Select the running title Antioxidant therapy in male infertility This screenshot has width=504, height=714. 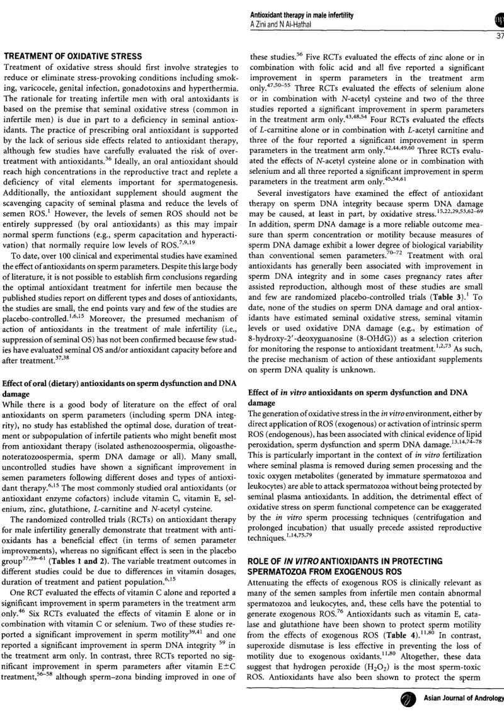301,14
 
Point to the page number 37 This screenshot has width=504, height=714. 498,36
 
